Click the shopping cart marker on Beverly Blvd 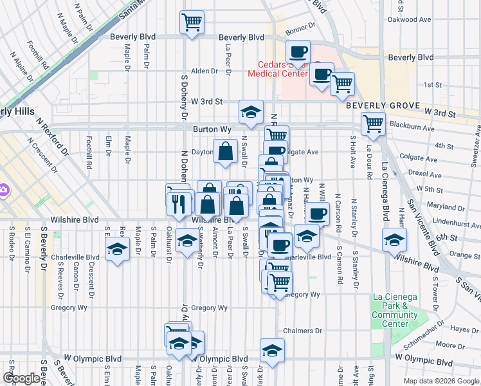(x=192, y=23)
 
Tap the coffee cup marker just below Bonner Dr (x=297, y=51)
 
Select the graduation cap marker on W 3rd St (x=251, y=111)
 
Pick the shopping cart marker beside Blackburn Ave (x=373, y=124)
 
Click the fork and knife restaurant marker (x=179, y=203)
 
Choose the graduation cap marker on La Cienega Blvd (x=394, y=240)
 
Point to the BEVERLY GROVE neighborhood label (x=383, y=106)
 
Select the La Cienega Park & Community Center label (x=395, y=310)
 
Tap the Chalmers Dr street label (x=302, y=331)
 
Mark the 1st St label (x=433, y=85)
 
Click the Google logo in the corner (x=21, y=378)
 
